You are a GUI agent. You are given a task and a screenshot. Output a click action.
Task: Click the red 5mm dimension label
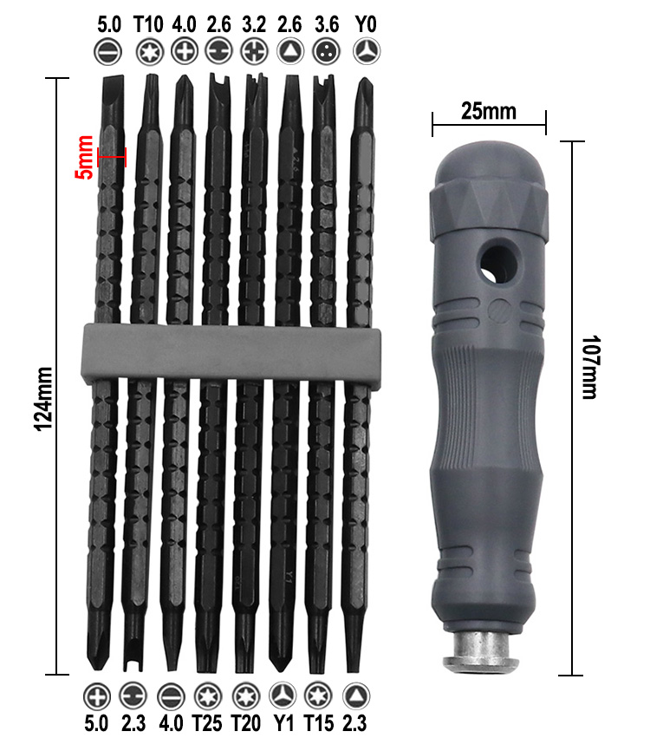tap(84, 156)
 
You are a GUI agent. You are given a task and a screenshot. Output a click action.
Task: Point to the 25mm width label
tap(488, 111)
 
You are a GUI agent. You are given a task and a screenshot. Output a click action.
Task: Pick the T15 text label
tap(319, 721)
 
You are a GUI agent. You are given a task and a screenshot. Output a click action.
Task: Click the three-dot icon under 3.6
tap(327, 51)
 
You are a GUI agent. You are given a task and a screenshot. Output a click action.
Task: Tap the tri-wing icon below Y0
tap(365, 51)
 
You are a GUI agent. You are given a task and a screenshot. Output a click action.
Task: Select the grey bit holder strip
tap(228, 353)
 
